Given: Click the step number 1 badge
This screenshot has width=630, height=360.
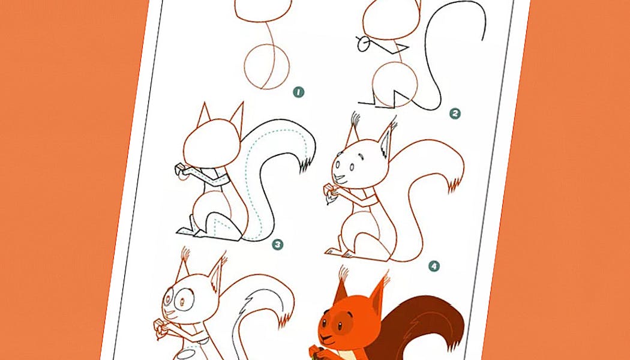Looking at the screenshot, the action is click(x=298, y=92).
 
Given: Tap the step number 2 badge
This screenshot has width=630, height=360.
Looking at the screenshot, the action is click(x=455, y=114).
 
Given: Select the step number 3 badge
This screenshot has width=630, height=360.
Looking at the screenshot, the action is click(x=277, y=244).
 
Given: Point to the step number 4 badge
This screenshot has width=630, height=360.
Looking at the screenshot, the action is click(x=434, y=266).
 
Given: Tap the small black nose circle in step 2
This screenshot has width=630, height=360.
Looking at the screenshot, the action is click(x=363, y=44).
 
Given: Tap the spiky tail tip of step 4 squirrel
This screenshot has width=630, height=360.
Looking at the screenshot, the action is click(x=455, y=184).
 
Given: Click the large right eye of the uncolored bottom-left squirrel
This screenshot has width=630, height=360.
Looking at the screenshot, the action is click(x=184, y=300).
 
